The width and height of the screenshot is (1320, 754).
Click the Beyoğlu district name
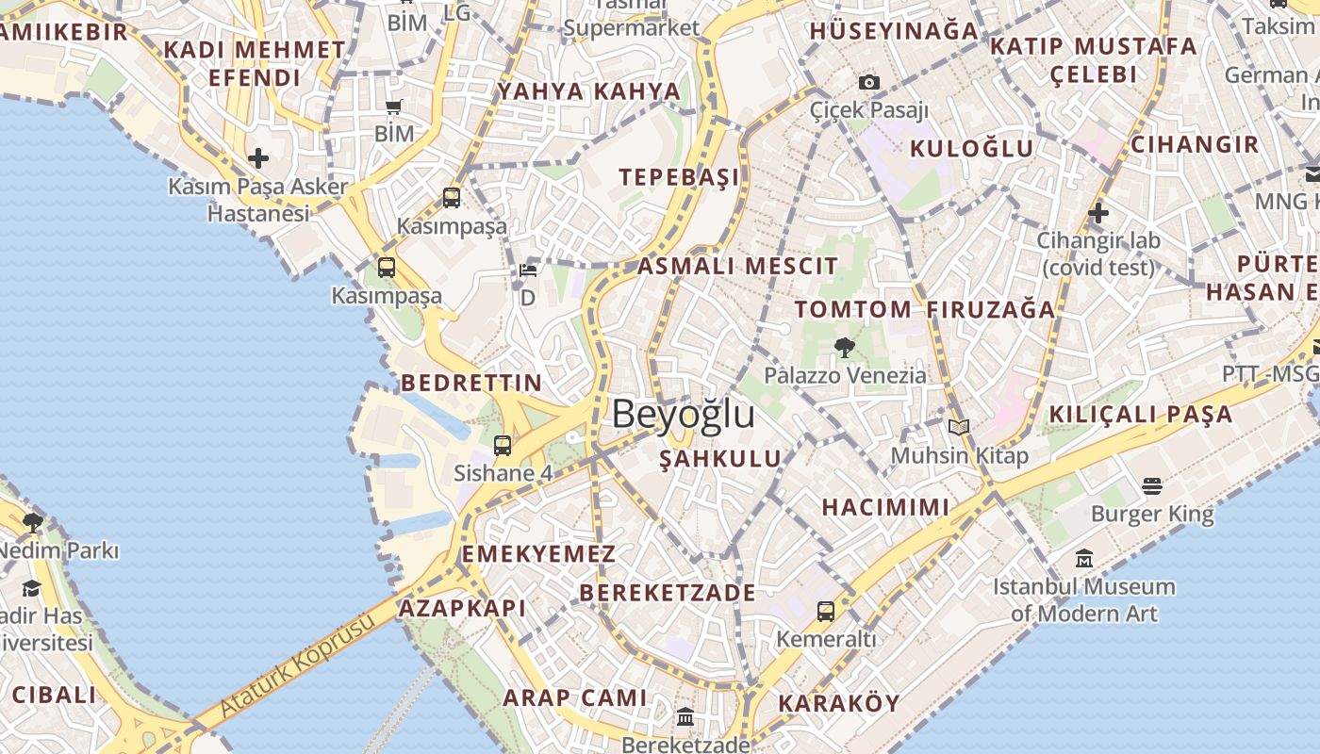tap(684, 414)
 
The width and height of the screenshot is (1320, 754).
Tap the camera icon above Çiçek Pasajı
tap(869, 83)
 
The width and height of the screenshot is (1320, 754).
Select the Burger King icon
tap(1151, 486)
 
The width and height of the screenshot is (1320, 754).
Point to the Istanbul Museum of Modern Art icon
tap(1084, 559)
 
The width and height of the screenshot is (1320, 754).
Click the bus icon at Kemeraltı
tap(826, 612)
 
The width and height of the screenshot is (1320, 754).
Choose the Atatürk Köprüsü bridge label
tap(298, 664)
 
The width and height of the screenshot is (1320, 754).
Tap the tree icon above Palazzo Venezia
tap(845, 347)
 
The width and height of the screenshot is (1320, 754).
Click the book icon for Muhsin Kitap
tap(959, 428)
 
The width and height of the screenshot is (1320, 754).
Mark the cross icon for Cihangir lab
tap(1097, 213)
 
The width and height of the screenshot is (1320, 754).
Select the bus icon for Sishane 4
tap(503, 446)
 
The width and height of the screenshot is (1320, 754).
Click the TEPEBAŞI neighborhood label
tap(679, 177)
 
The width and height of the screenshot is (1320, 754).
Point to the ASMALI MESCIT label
tap(737, 266)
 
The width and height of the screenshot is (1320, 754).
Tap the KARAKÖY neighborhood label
tap(839, 703)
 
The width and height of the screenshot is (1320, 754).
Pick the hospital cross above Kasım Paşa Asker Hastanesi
tap(258, 158)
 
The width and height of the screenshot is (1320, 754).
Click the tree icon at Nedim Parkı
tap(34, 522)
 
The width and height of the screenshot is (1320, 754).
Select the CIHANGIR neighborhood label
tap(1195, 144)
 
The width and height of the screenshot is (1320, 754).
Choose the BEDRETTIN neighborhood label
tap(471, 383)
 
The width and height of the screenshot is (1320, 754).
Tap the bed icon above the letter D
tap(528, 270)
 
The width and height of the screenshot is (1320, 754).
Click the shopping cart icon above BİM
tap(393, 107)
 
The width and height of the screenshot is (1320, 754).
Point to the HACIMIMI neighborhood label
tap(885, 507)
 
